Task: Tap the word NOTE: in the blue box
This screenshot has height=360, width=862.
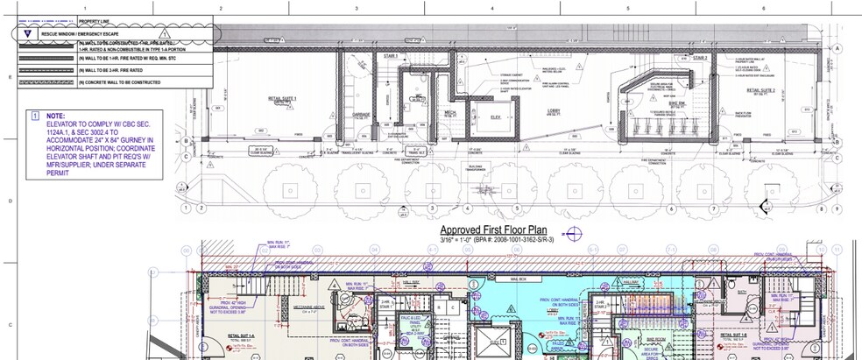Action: pos(56,116)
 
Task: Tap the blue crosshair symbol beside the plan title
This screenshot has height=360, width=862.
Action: pos(575,233)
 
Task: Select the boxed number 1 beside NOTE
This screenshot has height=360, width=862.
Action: pos(34,116)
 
